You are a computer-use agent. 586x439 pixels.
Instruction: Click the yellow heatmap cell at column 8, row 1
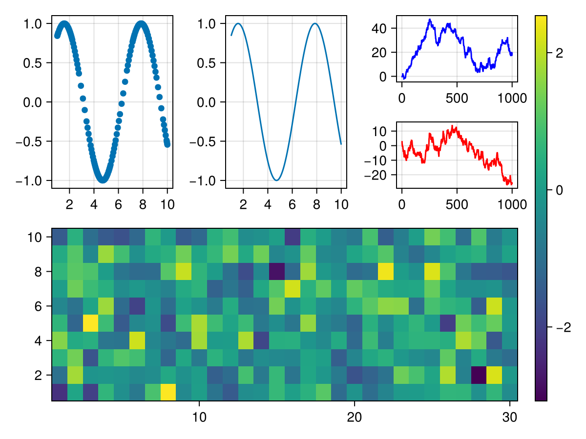coord(168,392)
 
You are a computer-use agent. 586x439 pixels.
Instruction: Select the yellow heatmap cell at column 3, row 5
coord(90,323)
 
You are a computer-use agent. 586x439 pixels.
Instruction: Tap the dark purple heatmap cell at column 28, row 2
coord(479,375)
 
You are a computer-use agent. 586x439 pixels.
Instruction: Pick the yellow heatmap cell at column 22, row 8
coord(386,271)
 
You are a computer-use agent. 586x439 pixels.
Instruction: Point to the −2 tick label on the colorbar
coord(563,327)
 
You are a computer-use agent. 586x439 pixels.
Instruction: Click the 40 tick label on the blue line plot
coord(379,28)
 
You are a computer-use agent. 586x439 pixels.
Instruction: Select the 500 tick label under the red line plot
coord(457,204)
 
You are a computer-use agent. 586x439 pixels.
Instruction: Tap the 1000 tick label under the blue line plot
coord(512,98)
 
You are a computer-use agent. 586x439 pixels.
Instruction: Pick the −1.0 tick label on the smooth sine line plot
coord(208,181)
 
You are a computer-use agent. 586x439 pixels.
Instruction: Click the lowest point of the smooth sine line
coord(277,180)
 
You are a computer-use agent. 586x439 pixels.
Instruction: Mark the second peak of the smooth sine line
coord(315,23)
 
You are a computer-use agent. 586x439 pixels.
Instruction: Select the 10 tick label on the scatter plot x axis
coord(167,204)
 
